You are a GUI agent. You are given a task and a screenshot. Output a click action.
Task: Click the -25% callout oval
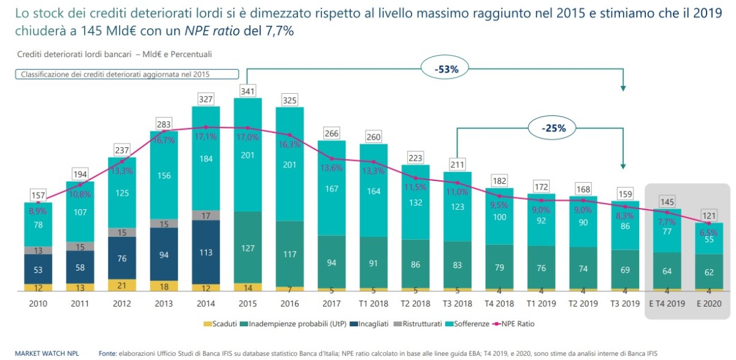coord(553,128)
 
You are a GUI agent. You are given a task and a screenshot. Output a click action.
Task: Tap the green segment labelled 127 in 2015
coord(247,248)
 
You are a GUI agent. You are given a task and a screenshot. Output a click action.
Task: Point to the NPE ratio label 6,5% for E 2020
coord(709,232)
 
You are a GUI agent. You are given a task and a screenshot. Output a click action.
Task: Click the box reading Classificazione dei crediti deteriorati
coord(126,75)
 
